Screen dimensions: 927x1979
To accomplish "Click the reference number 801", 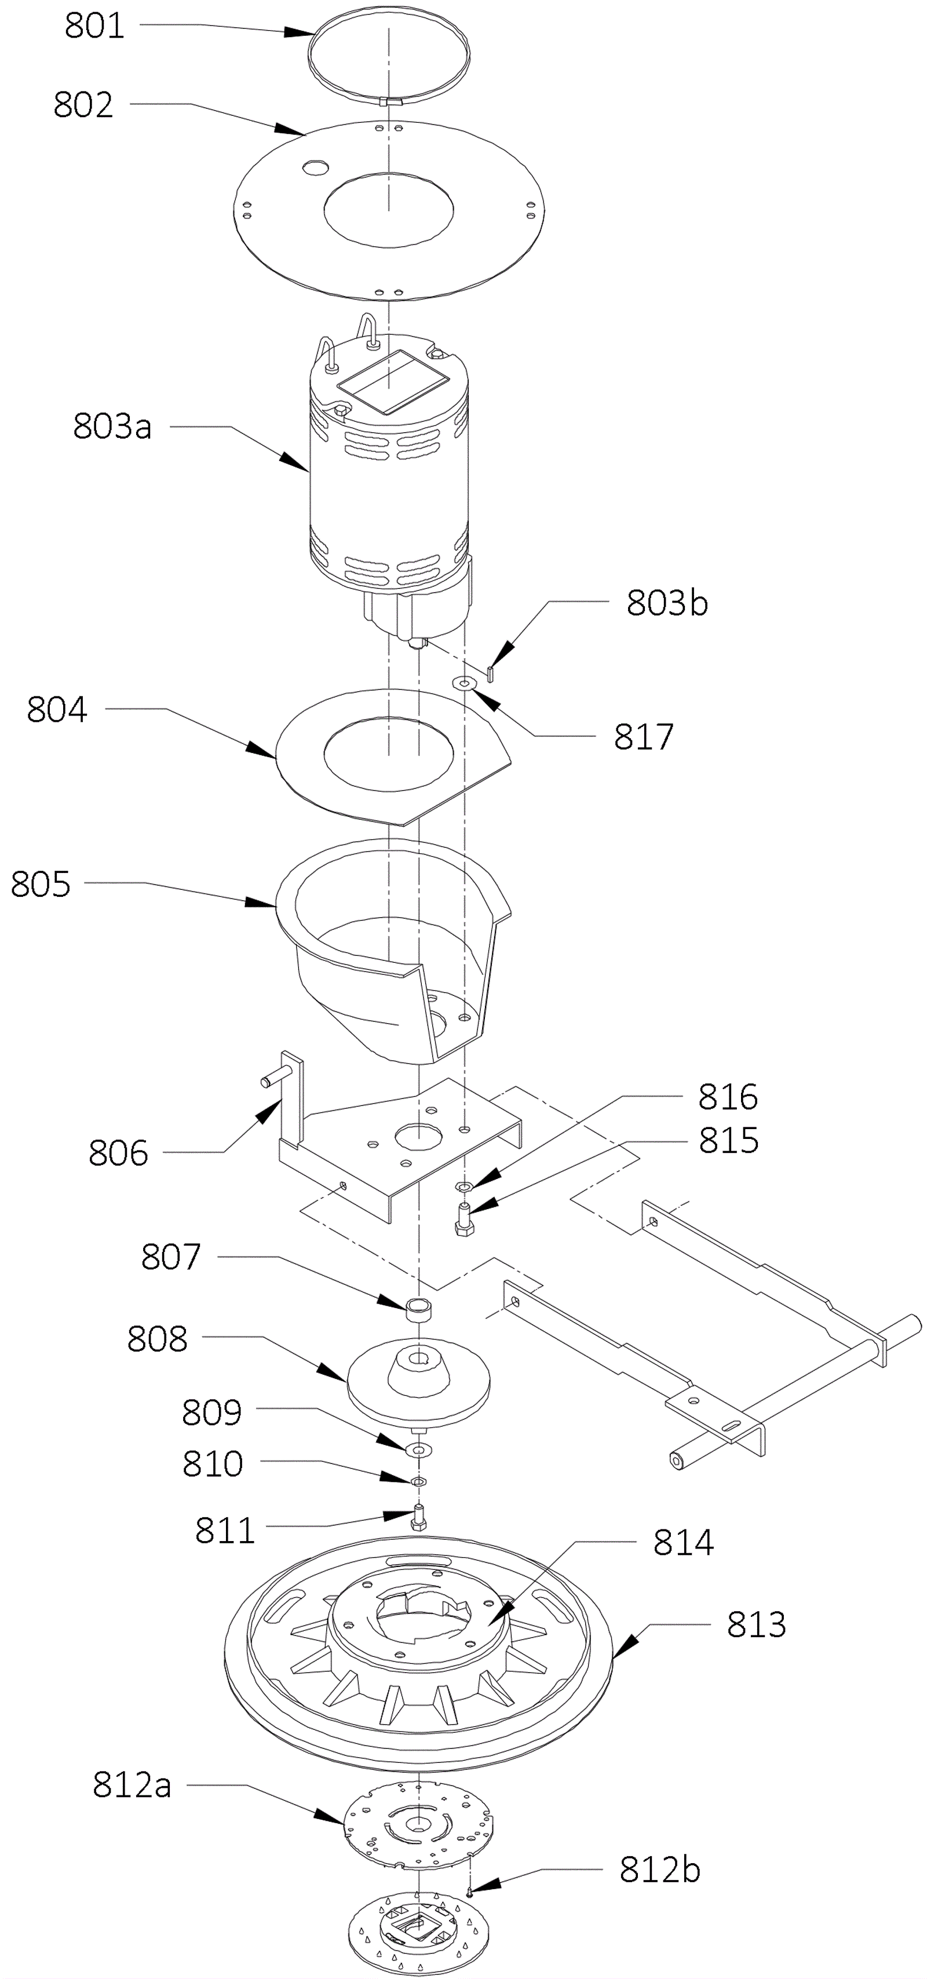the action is point(94,25).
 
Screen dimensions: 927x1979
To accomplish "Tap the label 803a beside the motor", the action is point(112,426).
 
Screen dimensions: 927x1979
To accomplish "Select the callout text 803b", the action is point(667,603).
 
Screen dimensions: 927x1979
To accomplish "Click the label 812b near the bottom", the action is point(660,1870).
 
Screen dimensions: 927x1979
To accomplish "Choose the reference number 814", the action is point(684,1542).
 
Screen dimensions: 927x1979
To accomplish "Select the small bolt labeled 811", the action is point(418,1517).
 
